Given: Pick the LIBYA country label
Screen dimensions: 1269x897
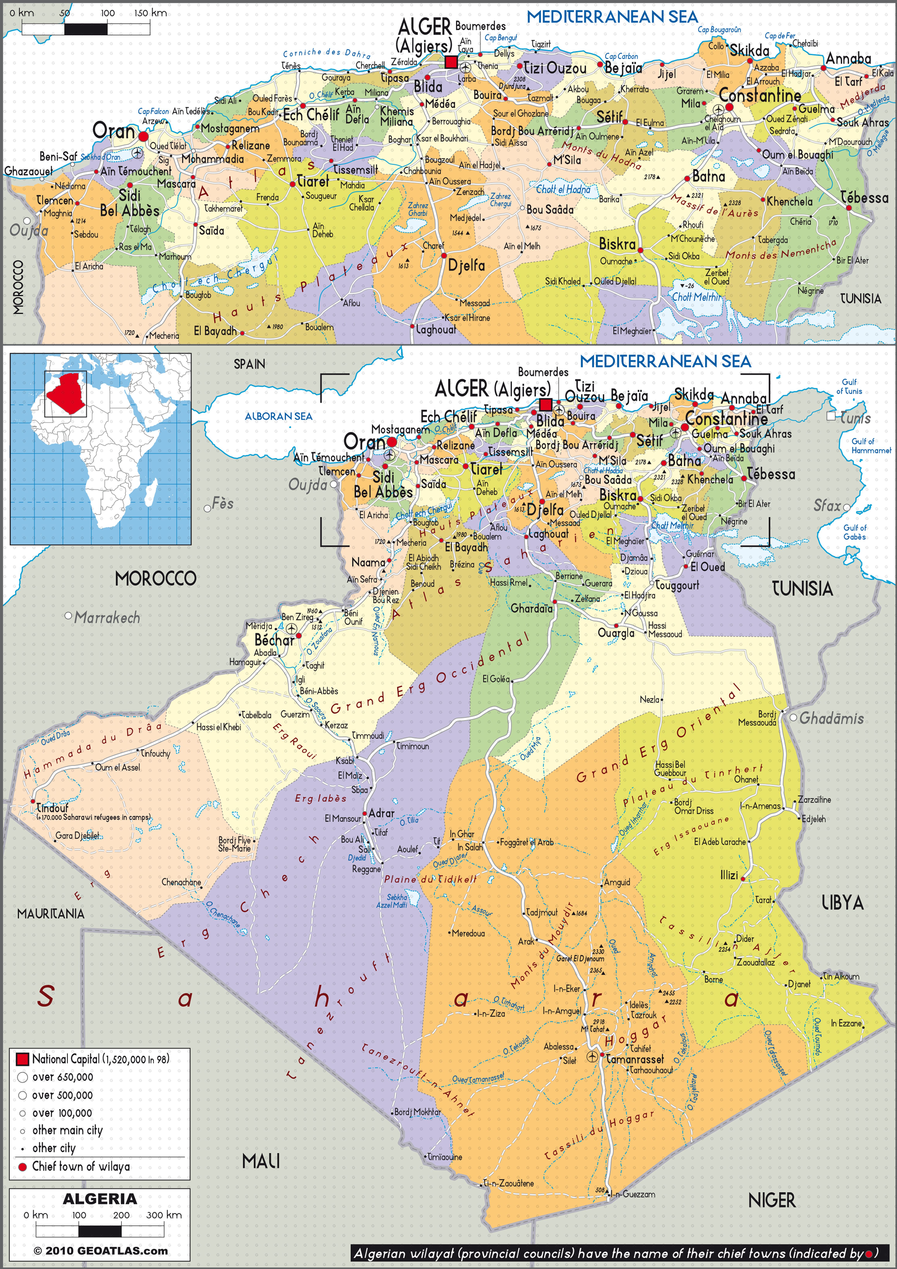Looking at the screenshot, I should tap(842, 903).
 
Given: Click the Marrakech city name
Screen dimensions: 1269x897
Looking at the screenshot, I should tap(107, 618).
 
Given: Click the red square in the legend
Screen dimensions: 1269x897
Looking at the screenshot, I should tap(22, 1059).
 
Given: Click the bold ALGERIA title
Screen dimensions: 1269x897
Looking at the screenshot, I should tap(99, 1199).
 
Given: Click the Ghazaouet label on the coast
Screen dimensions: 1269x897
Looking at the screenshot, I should tap(29, 171).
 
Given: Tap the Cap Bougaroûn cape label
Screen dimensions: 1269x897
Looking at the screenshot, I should tap(719, 30).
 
